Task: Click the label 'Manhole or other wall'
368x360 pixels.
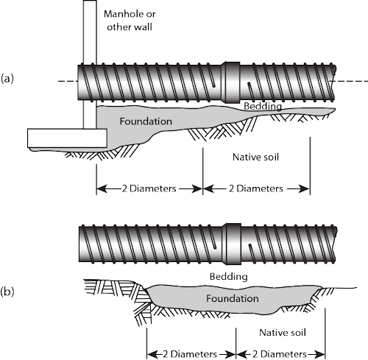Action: coord(130,21)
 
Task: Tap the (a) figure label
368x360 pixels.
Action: coord(7,79)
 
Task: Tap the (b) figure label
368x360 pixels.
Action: coord(7,292)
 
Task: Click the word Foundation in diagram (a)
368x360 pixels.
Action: coord(146,121)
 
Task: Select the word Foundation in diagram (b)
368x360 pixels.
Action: coord(233,298)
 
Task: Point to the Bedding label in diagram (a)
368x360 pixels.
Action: coord(263,106)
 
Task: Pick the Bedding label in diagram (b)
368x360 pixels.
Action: coord(228,277)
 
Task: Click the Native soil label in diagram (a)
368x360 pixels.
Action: coord(255,157)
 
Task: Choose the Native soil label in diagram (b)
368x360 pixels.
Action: coord(283,333)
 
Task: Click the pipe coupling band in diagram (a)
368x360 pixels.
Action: coord(230,82)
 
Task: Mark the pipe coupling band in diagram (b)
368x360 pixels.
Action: coord(233,244)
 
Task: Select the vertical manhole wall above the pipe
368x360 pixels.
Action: coord(90,32)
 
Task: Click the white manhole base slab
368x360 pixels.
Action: coord(67,138)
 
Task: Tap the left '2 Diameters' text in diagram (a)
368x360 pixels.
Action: coord(149,188)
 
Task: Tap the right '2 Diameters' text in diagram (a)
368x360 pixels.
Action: coord(256,188)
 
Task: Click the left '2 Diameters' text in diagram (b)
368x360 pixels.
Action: coord(190,354)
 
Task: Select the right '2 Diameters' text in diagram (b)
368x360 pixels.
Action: coord(280,354)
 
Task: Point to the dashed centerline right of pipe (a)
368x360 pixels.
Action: coord(353,81)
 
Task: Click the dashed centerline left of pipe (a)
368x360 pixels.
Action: coord(68,81)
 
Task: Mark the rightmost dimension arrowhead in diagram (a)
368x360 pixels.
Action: coord(305,188)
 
